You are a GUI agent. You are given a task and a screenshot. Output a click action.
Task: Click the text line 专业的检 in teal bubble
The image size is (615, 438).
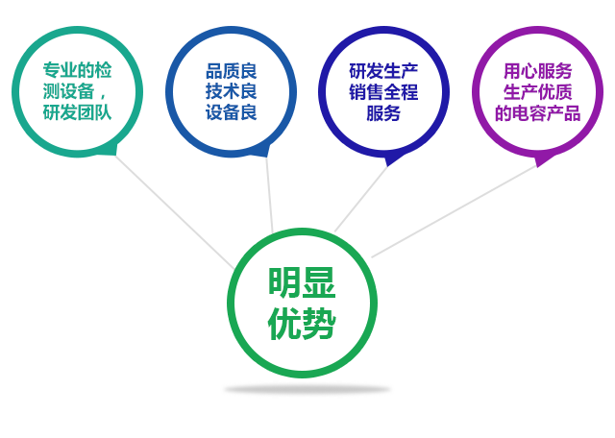(x=77, y=70)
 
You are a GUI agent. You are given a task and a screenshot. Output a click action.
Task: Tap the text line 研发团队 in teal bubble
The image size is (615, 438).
(x=77, y=112)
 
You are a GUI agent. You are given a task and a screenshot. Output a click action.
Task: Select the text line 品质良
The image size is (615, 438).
(x=232, y=71)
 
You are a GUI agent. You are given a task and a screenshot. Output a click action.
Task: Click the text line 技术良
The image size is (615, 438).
(x=232, y=92)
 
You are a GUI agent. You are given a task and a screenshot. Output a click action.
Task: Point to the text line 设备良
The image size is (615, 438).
(x=232, y=112)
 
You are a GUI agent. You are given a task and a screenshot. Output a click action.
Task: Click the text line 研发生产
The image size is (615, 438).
(x=383, y=71)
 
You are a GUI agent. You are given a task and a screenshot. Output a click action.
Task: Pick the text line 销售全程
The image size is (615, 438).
(x=383, y=92)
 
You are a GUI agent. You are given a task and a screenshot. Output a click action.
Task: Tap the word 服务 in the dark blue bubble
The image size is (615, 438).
(x=383, y=113)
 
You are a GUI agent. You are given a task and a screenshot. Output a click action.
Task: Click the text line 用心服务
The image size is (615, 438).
(x=538, y=71)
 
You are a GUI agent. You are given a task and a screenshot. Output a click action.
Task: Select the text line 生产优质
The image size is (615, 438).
(x=538, y=92)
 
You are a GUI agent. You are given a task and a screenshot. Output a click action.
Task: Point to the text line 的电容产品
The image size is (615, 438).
(x=538, y=113)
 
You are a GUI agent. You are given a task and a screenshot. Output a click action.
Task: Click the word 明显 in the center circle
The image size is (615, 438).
(x=302, y=282)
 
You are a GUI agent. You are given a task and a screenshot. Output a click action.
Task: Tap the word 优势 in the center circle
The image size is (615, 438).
(x=302, y=323)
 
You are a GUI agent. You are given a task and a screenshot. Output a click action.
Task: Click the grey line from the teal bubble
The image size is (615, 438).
(x=175, y=212)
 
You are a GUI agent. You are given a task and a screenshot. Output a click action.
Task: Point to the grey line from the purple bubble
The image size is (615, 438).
(x=454, y=211)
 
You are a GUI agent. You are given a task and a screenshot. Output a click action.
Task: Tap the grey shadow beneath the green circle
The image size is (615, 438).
(x=307, y=389)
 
